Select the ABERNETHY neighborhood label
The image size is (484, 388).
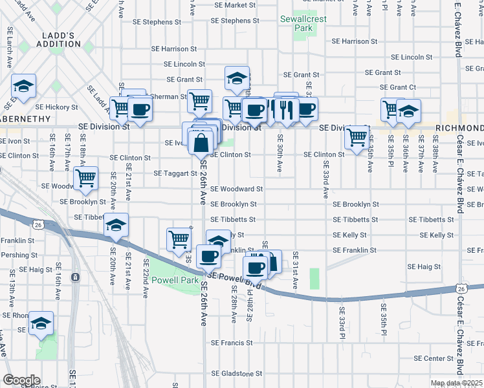(25, 118)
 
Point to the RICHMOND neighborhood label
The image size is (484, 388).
(459, 128)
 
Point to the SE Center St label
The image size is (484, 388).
(434, 358)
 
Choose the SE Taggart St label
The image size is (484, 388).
(175, 173)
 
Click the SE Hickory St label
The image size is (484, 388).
(56, 107)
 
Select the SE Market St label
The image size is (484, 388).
(236, 5)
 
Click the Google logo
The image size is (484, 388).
(21, 380)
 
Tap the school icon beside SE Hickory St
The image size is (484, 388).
(24, 86)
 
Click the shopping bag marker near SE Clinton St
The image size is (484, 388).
(201, 141)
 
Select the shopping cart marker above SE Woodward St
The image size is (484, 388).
(85, 177)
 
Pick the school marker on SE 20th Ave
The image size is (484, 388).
(116, 224)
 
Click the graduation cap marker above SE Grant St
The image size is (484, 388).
(237, 78)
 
